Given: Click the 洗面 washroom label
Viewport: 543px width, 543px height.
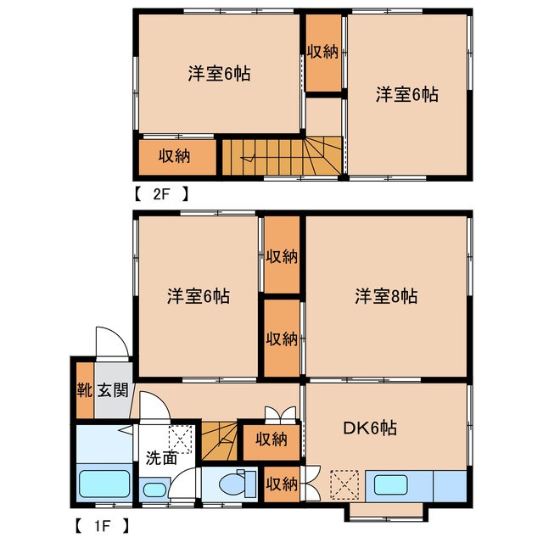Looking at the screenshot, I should [160, 459].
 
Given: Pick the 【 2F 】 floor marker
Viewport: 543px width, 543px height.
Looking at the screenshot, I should [160, 193].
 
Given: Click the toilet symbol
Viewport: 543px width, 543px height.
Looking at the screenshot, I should [232, 484].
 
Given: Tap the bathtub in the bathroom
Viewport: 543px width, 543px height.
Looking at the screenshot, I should [104, 485].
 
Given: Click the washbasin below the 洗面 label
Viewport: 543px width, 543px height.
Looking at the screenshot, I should [154, 490].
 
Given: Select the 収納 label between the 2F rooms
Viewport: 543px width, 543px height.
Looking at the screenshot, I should [323, 52].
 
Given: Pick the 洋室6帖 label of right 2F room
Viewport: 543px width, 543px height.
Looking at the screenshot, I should [407, 96].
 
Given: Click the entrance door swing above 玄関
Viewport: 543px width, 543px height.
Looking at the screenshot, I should [111, 343].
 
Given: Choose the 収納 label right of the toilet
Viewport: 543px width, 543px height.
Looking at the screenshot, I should [282, 484].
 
